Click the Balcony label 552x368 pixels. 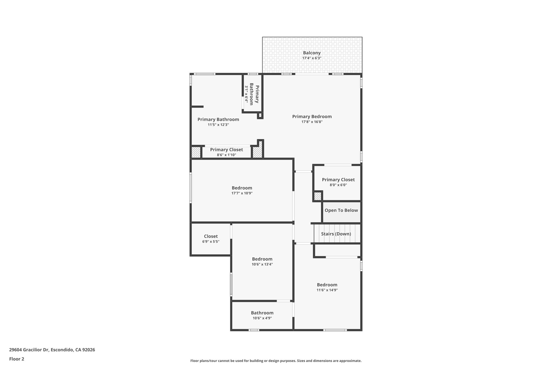[x=312, y=53]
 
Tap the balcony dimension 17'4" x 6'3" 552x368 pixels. [x=312, y=58]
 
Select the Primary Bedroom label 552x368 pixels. [x=312, y=116]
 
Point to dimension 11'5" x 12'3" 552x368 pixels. [x=218, y=125]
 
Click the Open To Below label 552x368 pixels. [x=341, y=210]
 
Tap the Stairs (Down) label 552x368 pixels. [x=336, y=234]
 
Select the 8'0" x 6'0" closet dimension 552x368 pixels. [x=338, y=185]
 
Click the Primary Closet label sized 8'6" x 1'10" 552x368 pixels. [x=226, y=150]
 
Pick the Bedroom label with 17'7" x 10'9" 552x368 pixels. [x=242, y=188]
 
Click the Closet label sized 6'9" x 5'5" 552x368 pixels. [x=211, y=236]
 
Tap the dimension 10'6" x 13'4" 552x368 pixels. [x=262, y=264]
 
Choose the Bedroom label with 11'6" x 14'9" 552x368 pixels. [x=327, y=285]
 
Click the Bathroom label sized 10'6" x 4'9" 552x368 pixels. [x=262, y=313]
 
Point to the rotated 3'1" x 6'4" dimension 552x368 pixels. [x=246, y=94]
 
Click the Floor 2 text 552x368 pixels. [x=17, y=359]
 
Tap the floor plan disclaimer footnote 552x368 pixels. [x=276, y=361]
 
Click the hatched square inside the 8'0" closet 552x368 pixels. [x=318, y=196]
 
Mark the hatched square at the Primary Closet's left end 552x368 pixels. [x=196, y=152]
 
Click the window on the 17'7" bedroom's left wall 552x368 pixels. [x=191, y=188]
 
